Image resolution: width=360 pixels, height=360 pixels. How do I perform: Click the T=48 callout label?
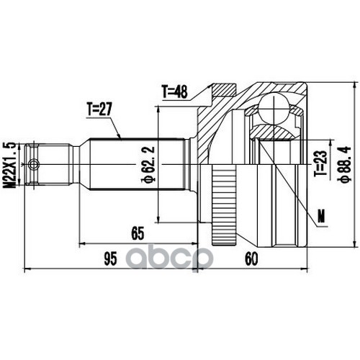point(175,92)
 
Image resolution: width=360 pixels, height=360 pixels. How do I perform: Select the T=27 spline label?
point(99,109)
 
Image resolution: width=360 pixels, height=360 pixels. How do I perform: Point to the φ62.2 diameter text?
point(149,164)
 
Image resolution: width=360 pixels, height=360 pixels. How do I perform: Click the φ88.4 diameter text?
point(346,164)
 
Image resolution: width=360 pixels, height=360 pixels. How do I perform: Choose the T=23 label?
point(320,163)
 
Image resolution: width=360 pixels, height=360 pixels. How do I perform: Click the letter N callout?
point(321,216)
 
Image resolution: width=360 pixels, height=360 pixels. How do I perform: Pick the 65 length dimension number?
point(138,233)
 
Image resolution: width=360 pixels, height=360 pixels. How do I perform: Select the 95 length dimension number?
point(111,258)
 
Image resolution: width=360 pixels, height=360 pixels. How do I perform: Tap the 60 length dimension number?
point(251,258)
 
